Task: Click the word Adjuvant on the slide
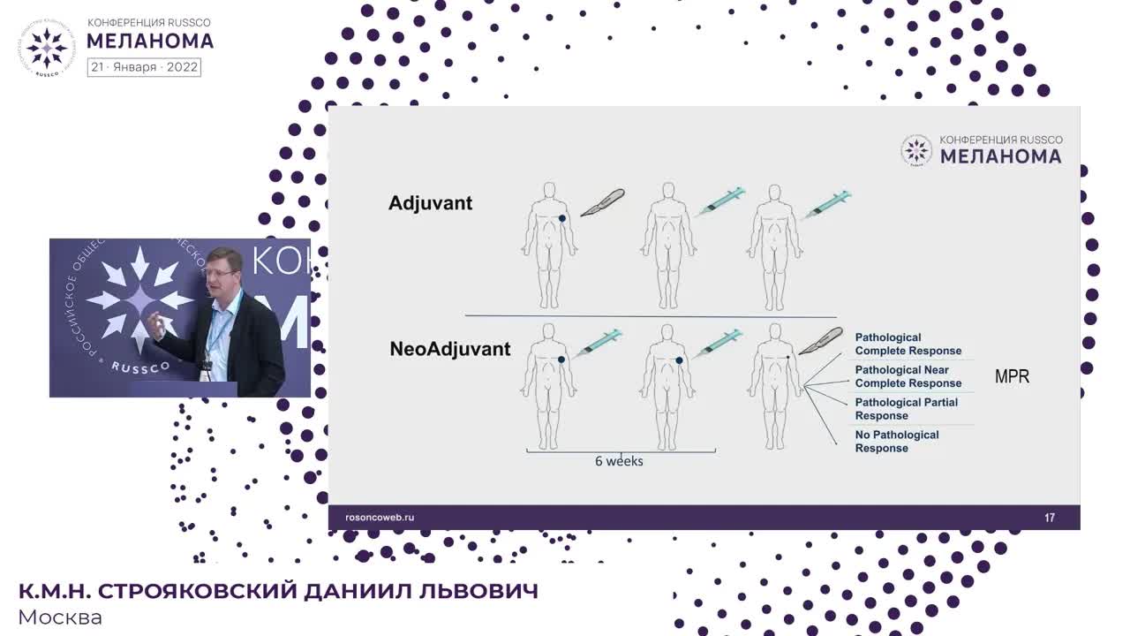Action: pyautogui.click(x=430, y=203)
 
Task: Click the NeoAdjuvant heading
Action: pyautogui.click(x=449, y=349)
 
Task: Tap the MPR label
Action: pyautogui.click(x=1012, y=376)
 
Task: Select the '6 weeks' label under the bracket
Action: pyautogui.click(x=619, y=461)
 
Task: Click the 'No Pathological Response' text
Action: pyautogui.click(x=896, y=442)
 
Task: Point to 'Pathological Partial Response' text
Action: pyautogui.click(x=906, y=409)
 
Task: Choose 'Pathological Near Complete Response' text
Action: pyautogui.click(x=908, y=376)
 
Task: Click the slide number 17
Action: pyautogui.click(x=1050, y=518)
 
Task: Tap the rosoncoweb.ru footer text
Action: pyautogui.click(x=379, y=518)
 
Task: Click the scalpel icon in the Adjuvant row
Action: pyautogui.click(x=602, y=203)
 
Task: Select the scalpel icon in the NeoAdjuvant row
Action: pyautogui.click(x=821, y=340)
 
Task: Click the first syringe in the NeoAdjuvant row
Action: pyautogui.click(x=599, y=343)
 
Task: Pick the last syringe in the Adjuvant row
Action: pyautogui.click(x=827, y=204)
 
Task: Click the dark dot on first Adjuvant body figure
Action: pyautogui.click(x=562, y=218)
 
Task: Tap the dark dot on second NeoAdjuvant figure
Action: pyautogui.click(x=679, y=360)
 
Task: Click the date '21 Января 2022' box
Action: pyautogui.click(x=144, y=67)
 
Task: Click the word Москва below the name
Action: pyautogui.click(x=60, y=617)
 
